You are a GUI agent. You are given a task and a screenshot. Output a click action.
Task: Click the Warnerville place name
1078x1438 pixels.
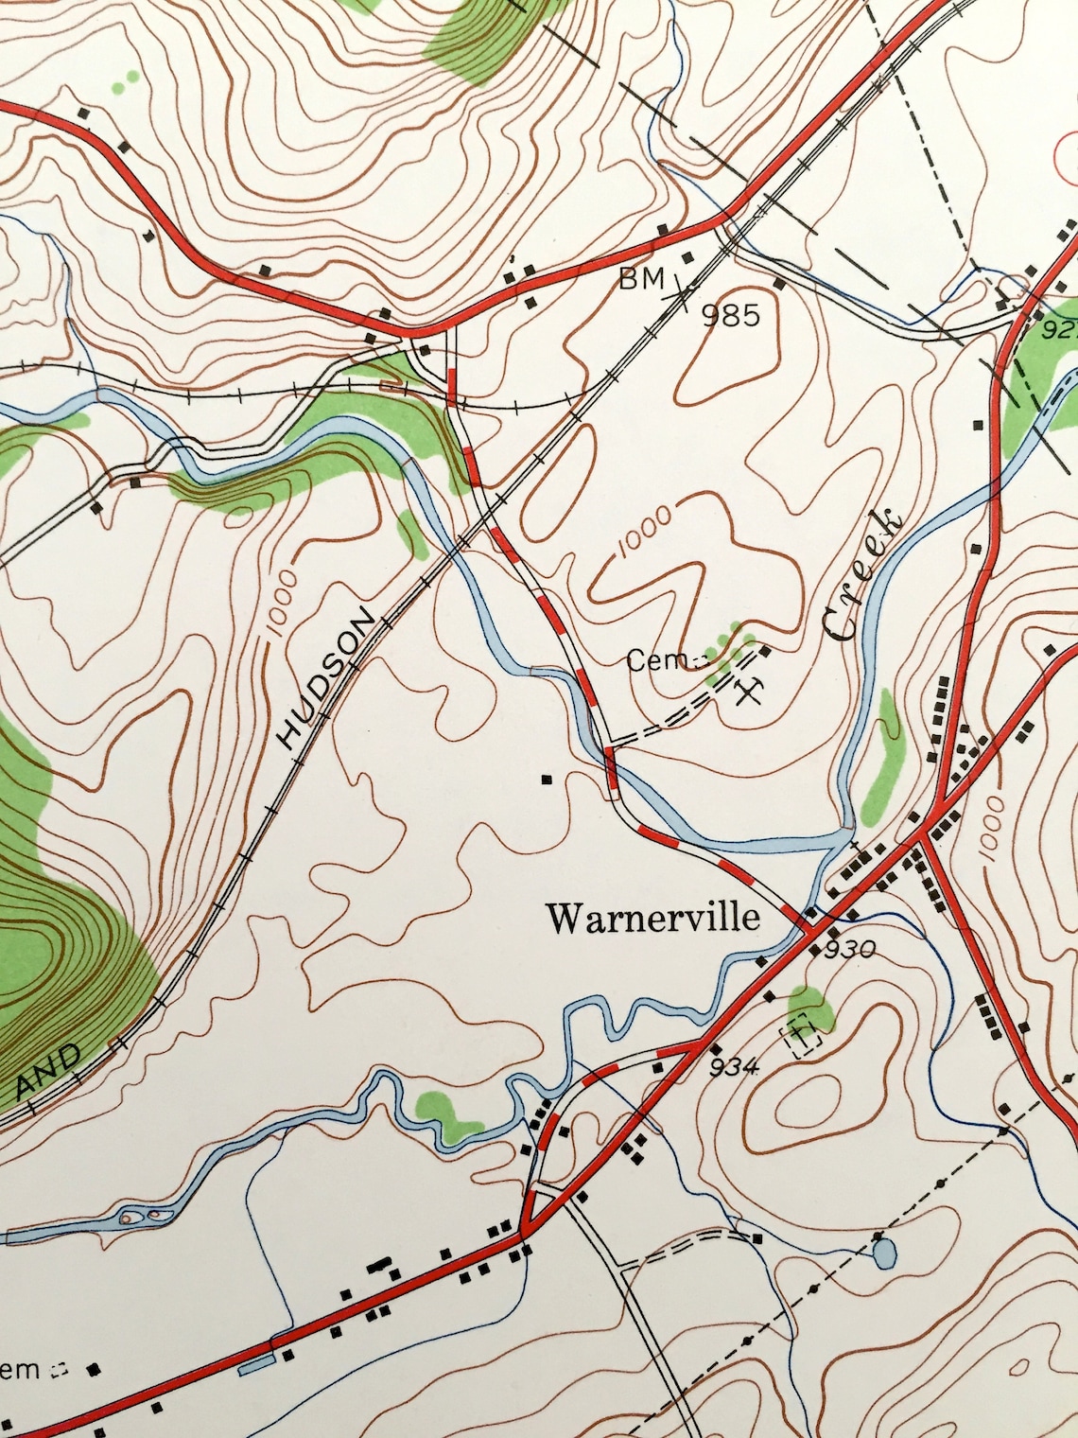[653, 917]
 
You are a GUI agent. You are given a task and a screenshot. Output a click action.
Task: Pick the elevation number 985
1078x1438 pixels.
[731, 314]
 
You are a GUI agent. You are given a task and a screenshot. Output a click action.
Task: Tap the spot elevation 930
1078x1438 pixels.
[850, 949]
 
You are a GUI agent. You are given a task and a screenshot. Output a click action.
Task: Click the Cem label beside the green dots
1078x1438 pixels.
[655, 660]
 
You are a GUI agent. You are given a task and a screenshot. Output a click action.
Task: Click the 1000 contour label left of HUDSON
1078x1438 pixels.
[282, 602]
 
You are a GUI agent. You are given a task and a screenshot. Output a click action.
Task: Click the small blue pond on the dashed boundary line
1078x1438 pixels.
[883, 1253]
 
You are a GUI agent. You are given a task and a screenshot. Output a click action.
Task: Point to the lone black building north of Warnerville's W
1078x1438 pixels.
[546, 780]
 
